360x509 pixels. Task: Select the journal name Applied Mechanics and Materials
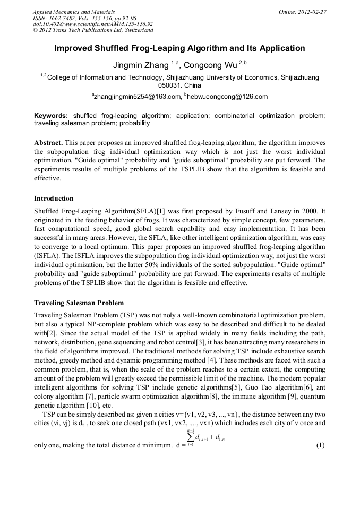tap(74, 12)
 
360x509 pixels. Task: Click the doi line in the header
tap(92, 24)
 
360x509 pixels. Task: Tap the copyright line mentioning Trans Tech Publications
tap(92, 30)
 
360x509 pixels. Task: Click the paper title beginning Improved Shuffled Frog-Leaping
tap(179, 48)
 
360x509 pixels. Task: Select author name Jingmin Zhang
tap(140, 65)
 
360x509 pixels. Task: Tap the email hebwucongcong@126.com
tap(227, 97)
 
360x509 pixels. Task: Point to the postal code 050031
tap(170, 85)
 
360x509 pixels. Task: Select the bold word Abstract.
tap(49, 143)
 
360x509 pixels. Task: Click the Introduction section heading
tap(54, 199)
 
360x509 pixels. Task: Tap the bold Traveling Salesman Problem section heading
tap(79, 303)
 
